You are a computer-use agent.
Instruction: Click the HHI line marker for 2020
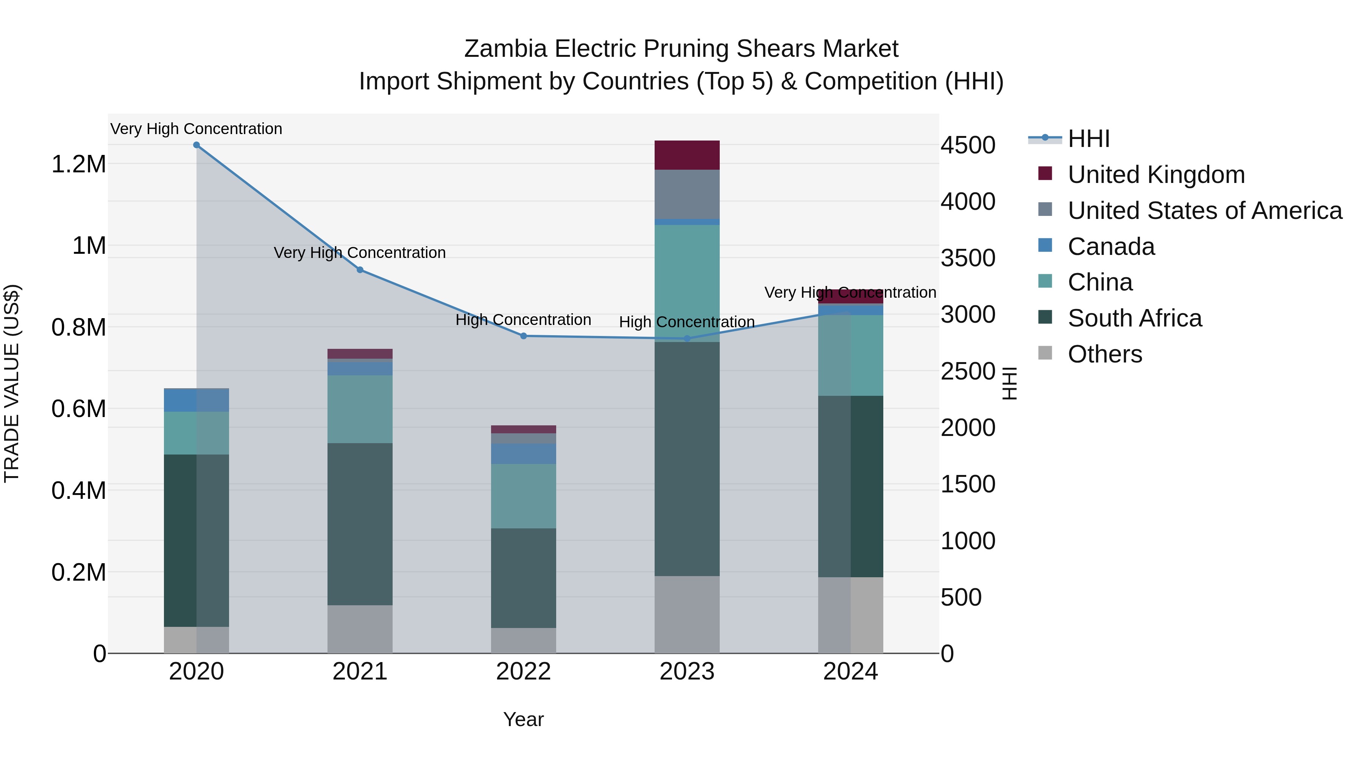pyautogui.click(x=196, y=145)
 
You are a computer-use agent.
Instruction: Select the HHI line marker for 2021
pyautogui.click(x=360, y=270)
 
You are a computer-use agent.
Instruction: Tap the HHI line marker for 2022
pyautogui.click(x=523, y=336)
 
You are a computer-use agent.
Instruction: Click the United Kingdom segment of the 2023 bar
pyautogui.click(x=687, y=155)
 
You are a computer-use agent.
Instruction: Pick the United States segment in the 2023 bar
pyautogui.click(x=687, y=194)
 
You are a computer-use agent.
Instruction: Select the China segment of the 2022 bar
pyautogui.click(x=523, y=496)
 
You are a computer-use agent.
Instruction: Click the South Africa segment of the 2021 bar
pyautogui.click(x=360, y=524)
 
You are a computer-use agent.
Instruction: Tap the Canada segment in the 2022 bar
pyautogui.click(x=523, y=454)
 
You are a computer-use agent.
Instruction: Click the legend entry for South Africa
pyautogui.click(x=1134, y=319)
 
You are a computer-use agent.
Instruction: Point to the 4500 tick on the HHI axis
pyautogui.click(x=968, y=145)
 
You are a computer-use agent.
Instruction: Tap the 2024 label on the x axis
pyautogui.click(x=850, y=672)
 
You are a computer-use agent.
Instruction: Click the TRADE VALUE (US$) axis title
pyautogui.click(x=12, y=383)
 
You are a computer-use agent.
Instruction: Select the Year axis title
pyautogui.click(x=523, y=719)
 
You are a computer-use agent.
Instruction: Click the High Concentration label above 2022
pyautogui.click(x=523, y=320)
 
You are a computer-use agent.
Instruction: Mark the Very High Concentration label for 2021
pyautogui.click(x=360, y=253)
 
